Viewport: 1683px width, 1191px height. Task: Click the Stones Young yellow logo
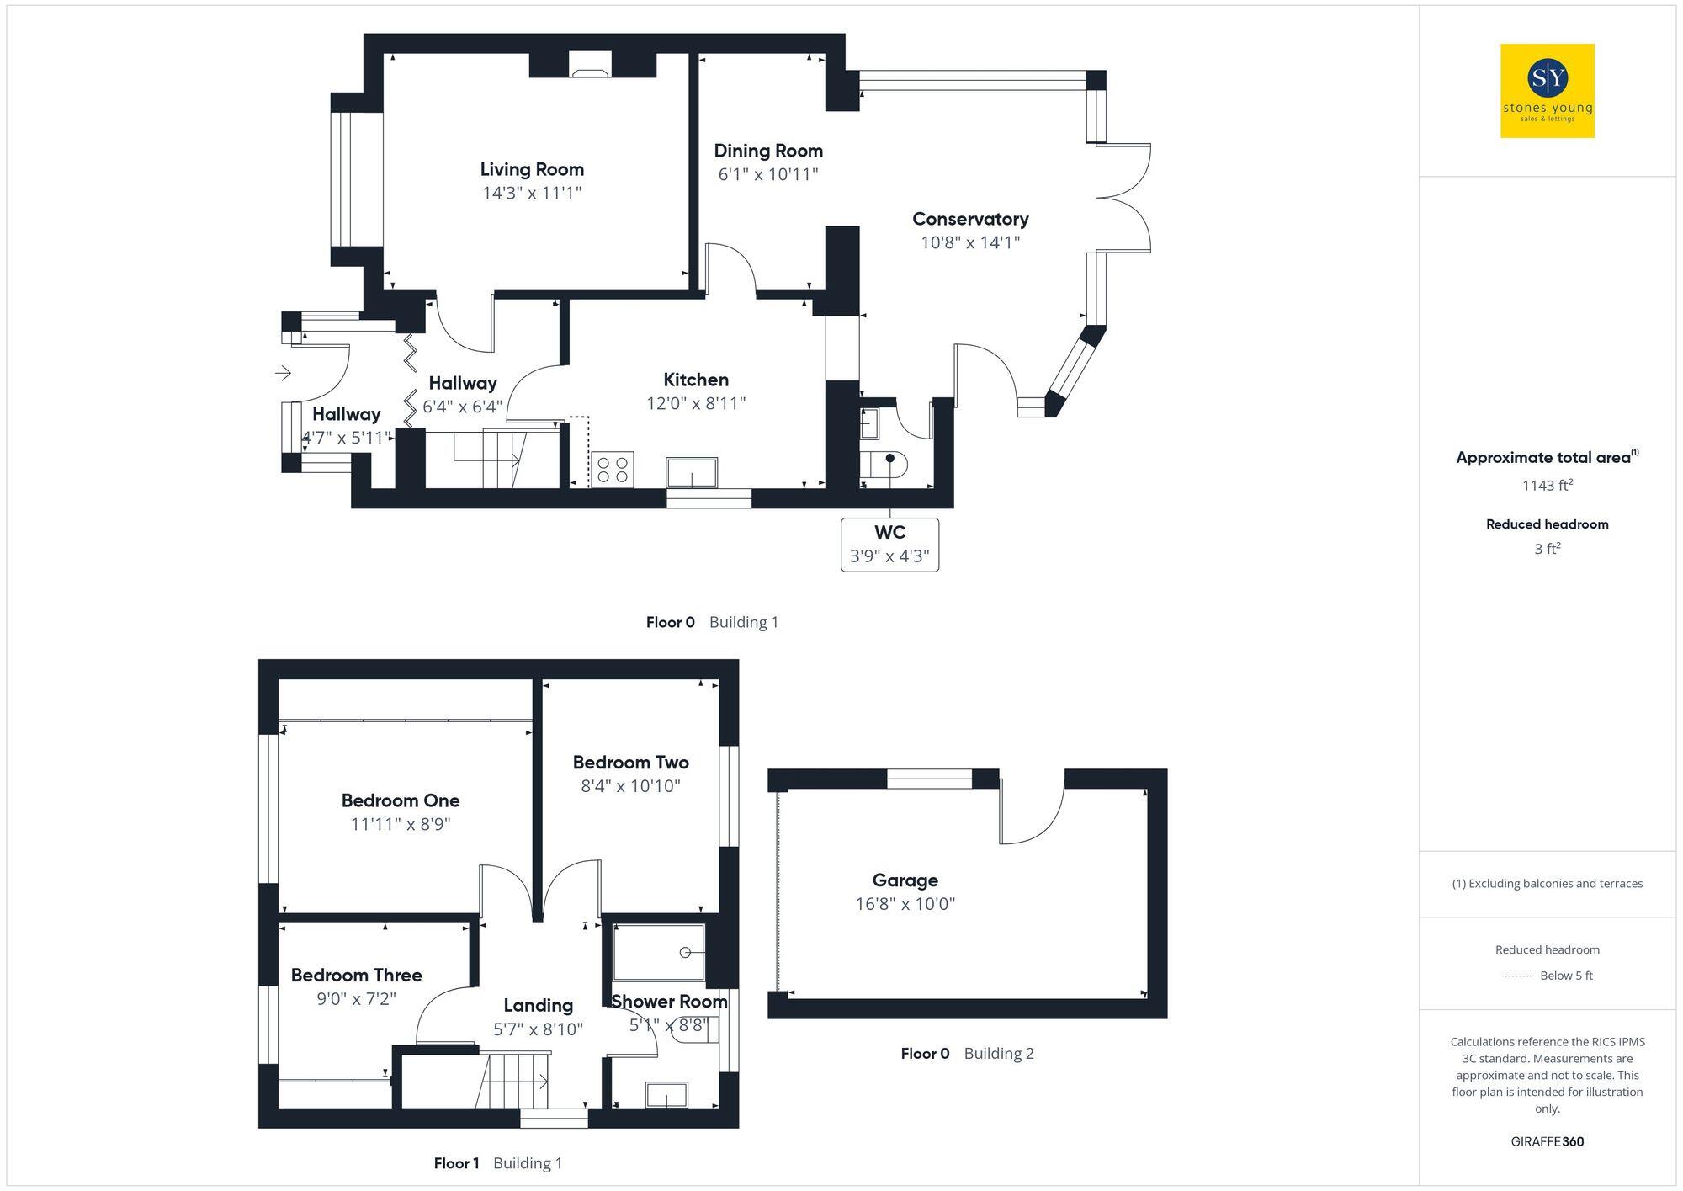[x=1547, y=91]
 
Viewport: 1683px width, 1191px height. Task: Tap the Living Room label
[x=532, y=169]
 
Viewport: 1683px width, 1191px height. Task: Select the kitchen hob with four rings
[x=612, y=469]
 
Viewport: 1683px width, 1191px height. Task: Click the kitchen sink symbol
[x=692, y=472]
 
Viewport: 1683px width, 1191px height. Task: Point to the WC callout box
[x=889, y=544]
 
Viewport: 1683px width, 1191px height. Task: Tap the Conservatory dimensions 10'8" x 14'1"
[x=970, y=242]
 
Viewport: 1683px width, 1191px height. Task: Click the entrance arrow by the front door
[x=283, y=372]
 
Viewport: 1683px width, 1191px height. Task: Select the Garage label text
[x=905, y=880]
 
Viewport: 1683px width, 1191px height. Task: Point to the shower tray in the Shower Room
[x=658, y=953]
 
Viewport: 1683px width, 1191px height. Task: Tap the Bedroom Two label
[x=630, y=763]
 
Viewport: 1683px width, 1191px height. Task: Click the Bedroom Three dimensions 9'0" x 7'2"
[x=356, y=999]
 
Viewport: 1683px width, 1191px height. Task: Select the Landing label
[x=538, y=1005]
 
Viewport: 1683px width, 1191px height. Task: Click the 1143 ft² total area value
[x=1547, y=486]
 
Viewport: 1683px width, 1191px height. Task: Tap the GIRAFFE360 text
[x=1547, y=1142]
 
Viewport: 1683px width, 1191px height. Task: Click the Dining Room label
[x=768, y=151]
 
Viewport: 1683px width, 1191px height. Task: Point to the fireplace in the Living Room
[x=591, y=65]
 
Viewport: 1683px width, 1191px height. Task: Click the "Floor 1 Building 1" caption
[x=497, y=1163]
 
